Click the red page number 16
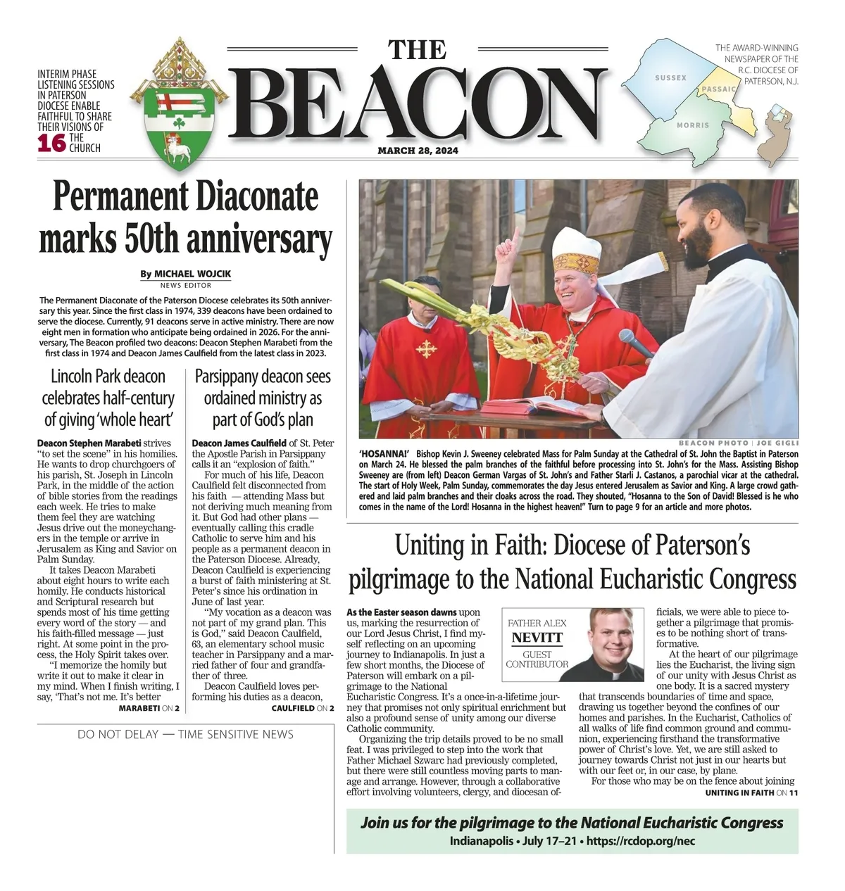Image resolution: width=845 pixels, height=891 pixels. click(x=51, y=143)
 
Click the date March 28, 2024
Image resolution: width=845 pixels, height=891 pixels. click(x=418, y=151)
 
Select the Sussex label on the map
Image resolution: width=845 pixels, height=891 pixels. click(x=670, y=78)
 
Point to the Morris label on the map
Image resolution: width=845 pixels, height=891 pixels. click(x=692, y=125)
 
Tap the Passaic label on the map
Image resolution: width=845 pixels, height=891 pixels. click(x=718, y=89)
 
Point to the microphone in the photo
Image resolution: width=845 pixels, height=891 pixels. click(x=637, y=342)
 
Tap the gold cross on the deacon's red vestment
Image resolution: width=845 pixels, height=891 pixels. click(x=425, y=350)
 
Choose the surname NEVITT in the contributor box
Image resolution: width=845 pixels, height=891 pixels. click(x=537, y=638)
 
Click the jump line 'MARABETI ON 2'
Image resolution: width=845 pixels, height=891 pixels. click(x=149, y=707)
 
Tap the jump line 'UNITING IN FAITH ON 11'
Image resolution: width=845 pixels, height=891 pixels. click(x=751, y=792)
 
